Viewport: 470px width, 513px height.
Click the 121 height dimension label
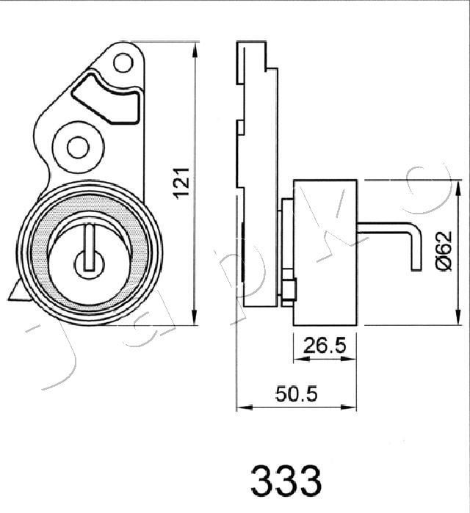coord(182,183)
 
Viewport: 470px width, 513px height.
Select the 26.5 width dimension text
coord(325,346)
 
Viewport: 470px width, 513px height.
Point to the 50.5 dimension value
coord(297,393)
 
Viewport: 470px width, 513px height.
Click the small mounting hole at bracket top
coord(123,62)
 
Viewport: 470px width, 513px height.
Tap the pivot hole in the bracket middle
coord(78,147)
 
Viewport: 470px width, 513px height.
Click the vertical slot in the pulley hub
coord(90,247)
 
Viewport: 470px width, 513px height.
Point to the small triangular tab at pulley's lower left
coord(16,291)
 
